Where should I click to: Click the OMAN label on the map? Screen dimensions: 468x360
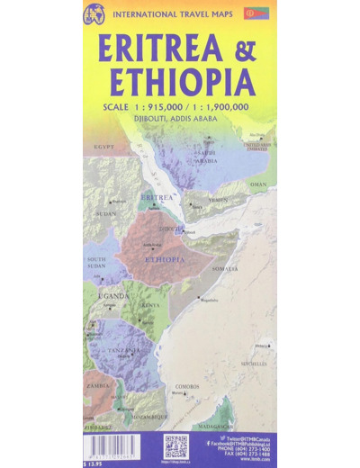click(x=259, y=184)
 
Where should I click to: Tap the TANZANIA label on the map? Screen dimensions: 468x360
click(x=125, y=351)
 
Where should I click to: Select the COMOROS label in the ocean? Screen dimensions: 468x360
click(x=186, y=385)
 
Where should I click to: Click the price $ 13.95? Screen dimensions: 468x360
click(x=93, y=462)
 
